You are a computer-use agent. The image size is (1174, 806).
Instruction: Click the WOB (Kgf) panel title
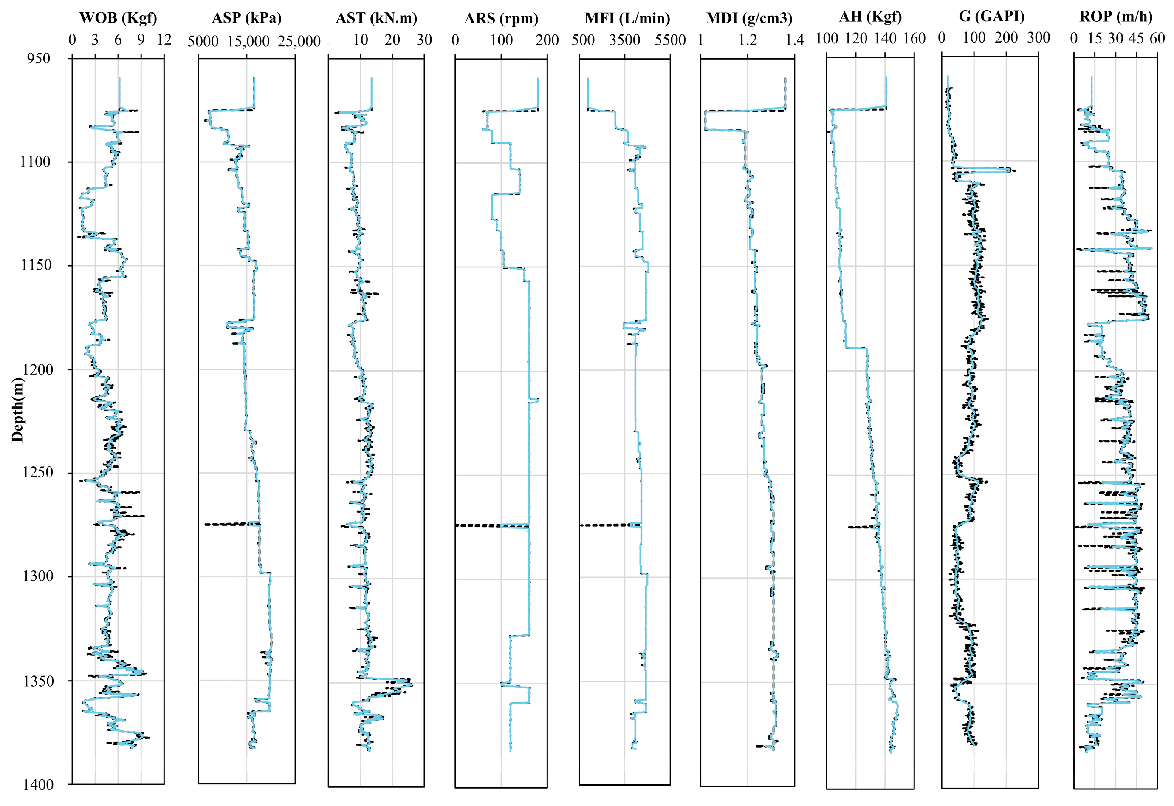118,18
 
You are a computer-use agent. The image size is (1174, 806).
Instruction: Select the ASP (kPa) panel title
246,18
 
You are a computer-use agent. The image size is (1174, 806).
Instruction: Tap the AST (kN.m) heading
376,18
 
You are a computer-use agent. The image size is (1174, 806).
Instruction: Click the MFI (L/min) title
627,19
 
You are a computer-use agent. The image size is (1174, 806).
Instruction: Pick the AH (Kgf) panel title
870,17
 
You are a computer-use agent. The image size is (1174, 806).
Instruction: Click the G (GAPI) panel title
991,16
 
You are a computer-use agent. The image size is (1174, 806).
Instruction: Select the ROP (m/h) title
1116,17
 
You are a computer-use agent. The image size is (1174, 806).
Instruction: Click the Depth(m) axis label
18,409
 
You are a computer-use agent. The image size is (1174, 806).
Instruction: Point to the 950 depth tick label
39,58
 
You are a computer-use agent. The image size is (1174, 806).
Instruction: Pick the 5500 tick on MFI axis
670,40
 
